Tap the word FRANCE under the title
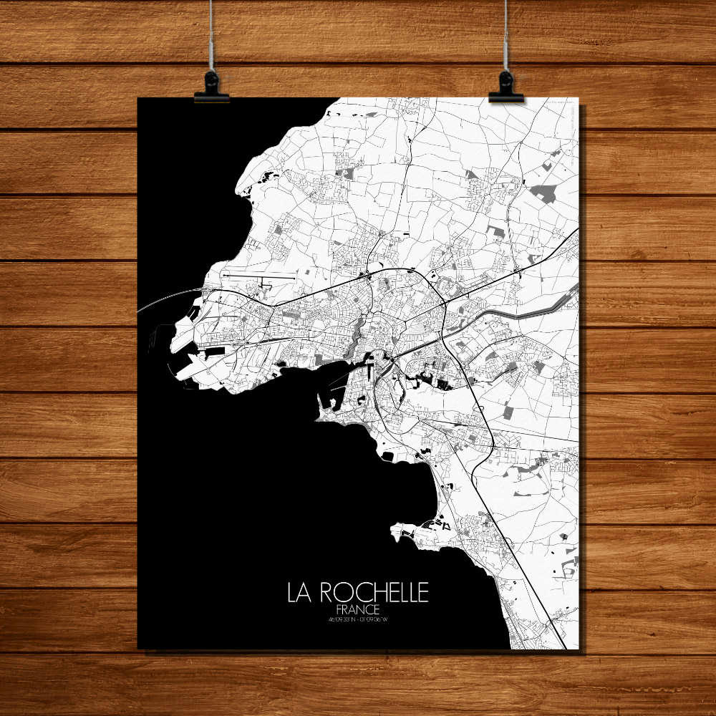[358, 609]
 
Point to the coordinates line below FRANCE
[358, 619]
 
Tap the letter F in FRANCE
[338, 609]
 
